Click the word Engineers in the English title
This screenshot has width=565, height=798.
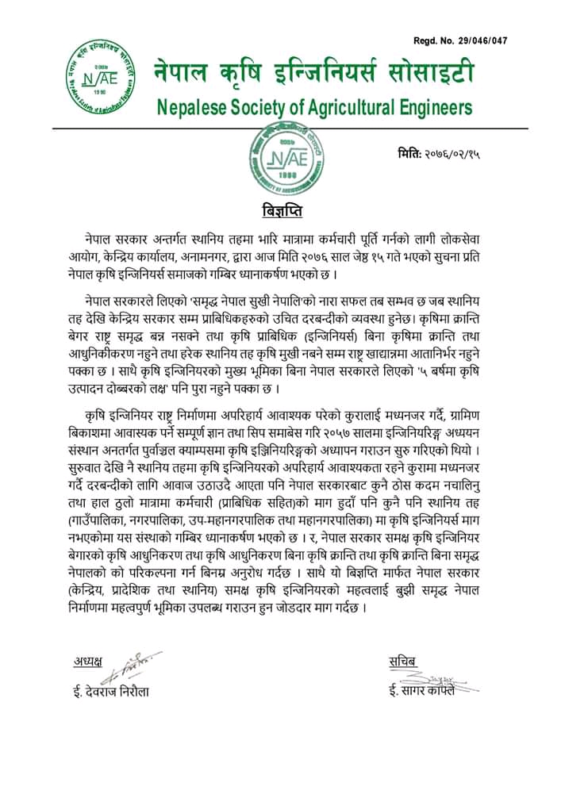click(x=439, y=106)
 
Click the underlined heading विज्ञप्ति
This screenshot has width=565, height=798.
click(x=282, y=211)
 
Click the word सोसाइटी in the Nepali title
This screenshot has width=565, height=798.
click(x=432, y=75)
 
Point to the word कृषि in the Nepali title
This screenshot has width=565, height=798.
click(x=249, y=75)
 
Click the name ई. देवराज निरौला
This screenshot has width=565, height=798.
click(x=110, y=691)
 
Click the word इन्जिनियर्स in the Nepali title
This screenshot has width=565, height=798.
click(x=334, y=75)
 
